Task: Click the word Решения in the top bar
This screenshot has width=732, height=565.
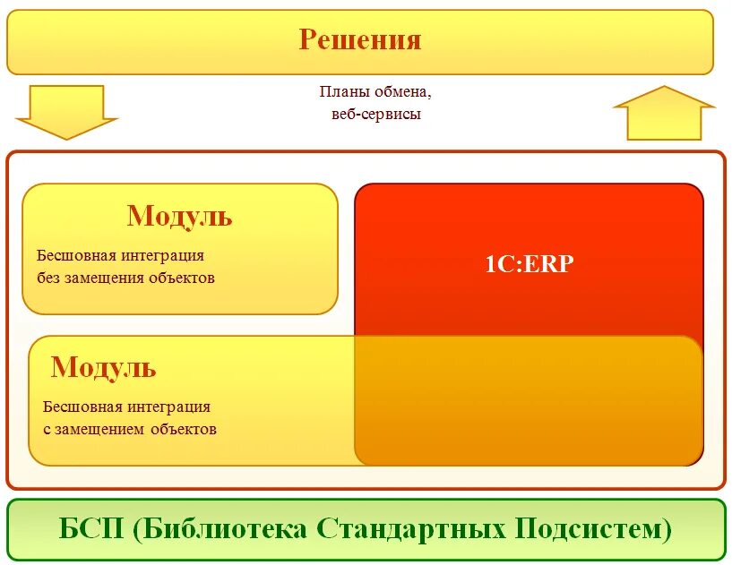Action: click(359, 40)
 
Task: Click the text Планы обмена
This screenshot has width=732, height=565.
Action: click(368, 92)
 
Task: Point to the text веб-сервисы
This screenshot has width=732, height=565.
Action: click(369, 115)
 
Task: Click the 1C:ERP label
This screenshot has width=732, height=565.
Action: click(529, 264)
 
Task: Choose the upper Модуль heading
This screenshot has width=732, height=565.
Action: click(179, 216)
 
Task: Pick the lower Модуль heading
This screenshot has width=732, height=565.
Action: click(103, 367)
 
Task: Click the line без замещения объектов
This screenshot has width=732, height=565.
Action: click(126, 278)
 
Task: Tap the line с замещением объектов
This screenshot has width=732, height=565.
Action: click(130, 429)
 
